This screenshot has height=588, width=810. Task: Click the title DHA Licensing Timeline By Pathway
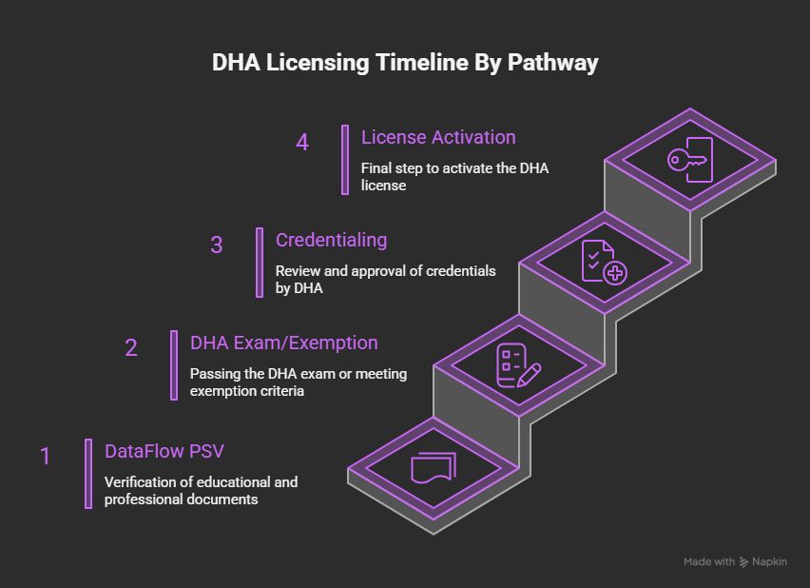pos(404,63)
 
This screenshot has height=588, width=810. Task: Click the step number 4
pos(302,144)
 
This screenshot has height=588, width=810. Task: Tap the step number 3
pos(217,245)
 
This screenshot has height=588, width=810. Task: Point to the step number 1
pos(45,456)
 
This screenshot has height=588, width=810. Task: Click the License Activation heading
pos(437,137)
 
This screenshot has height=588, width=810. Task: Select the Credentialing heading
pos(331,240)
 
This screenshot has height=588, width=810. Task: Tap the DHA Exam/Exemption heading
pos(283,343)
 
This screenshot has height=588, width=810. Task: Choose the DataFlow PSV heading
pos(164,451)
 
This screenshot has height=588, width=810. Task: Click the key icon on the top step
pos(689,159)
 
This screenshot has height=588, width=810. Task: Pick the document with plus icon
pos(604,262)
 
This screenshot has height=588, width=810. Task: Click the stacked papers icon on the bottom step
pos(434,467)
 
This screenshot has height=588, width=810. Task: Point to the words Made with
pos(708,562)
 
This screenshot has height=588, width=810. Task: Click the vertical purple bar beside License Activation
pos(345,160)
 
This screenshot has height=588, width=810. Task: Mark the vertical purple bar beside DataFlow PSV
pos(88,473)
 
